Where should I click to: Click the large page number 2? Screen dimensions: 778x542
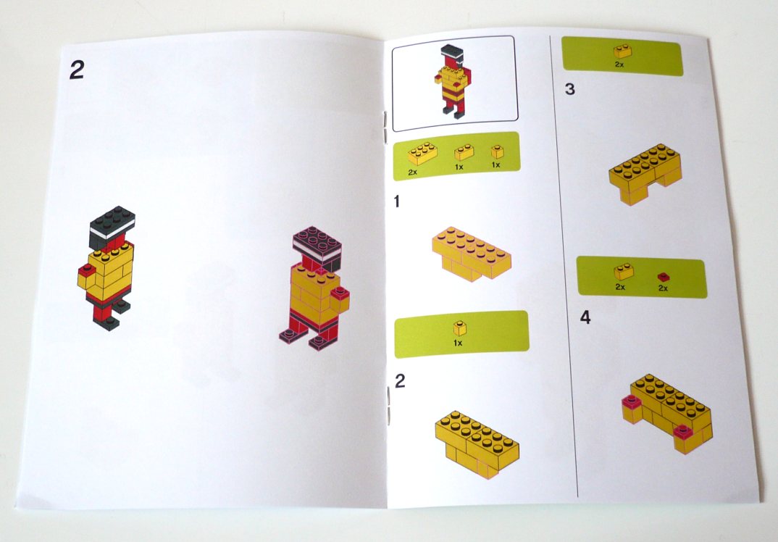click(77, 70)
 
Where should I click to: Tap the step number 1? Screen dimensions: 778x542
click(396, 201)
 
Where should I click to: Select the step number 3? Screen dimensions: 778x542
click(569, 89)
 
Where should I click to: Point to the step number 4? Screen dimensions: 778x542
click(585, 317)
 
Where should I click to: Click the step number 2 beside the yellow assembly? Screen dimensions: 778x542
click(400, 380)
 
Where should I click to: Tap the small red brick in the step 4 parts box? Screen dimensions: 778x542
click(664, 277)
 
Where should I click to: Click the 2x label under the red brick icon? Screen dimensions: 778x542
click(663, 288)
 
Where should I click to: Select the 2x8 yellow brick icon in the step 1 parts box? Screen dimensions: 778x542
click(423, 154)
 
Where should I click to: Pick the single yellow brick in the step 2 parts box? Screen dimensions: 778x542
click(459, 328)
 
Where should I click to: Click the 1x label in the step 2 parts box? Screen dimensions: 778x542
click(458, 343)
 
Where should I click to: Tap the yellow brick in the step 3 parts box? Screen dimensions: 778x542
click(622, 51)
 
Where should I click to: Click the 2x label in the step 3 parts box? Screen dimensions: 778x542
click(619, 64)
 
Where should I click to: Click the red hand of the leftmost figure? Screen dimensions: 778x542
click(86, 270)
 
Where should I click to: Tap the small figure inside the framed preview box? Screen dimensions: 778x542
click(453, 82)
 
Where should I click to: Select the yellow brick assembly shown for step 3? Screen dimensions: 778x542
click(645, 174)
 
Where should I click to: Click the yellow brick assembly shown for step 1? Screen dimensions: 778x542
click(471, 254)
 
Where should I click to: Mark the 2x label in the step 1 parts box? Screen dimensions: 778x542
click(412, 172)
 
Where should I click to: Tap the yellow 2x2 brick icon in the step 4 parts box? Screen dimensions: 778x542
click(624, 272)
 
